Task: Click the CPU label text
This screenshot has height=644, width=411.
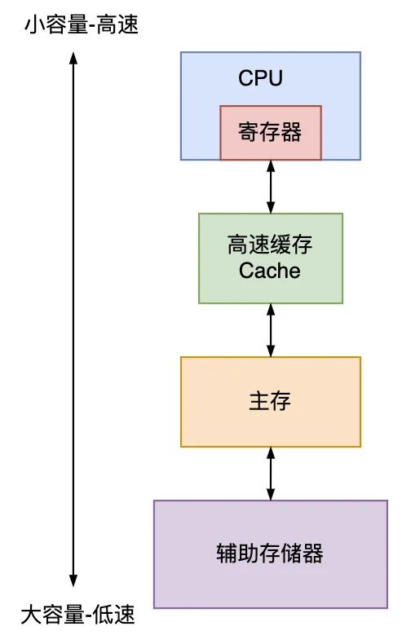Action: (x=260, y=78)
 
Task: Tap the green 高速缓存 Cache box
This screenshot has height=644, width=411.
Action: (x=271, y=258)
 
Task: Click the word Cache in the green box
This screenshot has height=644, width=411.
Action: (x=270, y=271)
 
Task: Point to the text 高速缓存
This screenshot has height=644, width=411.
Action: (x=270, y=246)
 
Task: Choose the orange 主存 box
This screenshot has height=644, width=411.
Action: (x=271, y=401)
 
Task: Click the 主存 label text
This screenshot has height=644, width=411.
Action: (x=270, y=401)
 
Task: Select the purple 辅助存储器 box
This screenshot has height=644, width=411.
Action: (x=271, y=554)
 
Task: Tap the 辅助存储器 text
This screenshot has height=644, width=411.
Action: (x=270, y=554)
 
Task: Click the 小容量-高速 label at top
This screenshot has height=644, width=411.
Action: (x=82, y=26)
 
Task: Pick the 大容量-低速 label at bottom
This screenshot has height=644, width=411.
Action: (x=77, y=614)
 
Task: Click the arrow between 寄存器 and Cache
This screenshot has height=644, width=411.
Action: (x=271, y=187)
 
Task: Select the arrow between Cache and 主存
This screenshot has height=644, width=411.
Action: (x=271, y=330)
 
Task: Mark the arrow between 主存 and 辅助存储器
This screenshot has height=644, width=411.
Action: (x=271, y=474)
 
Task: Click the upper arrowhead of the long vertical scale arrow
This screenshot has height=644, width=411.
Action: (x=73, y=58)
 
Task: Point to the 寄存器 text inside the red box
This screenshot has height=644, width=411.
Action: (x=270, y=133)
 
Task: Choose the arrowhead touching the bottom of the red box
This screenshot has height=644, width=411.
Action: (x=271, y=166)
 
